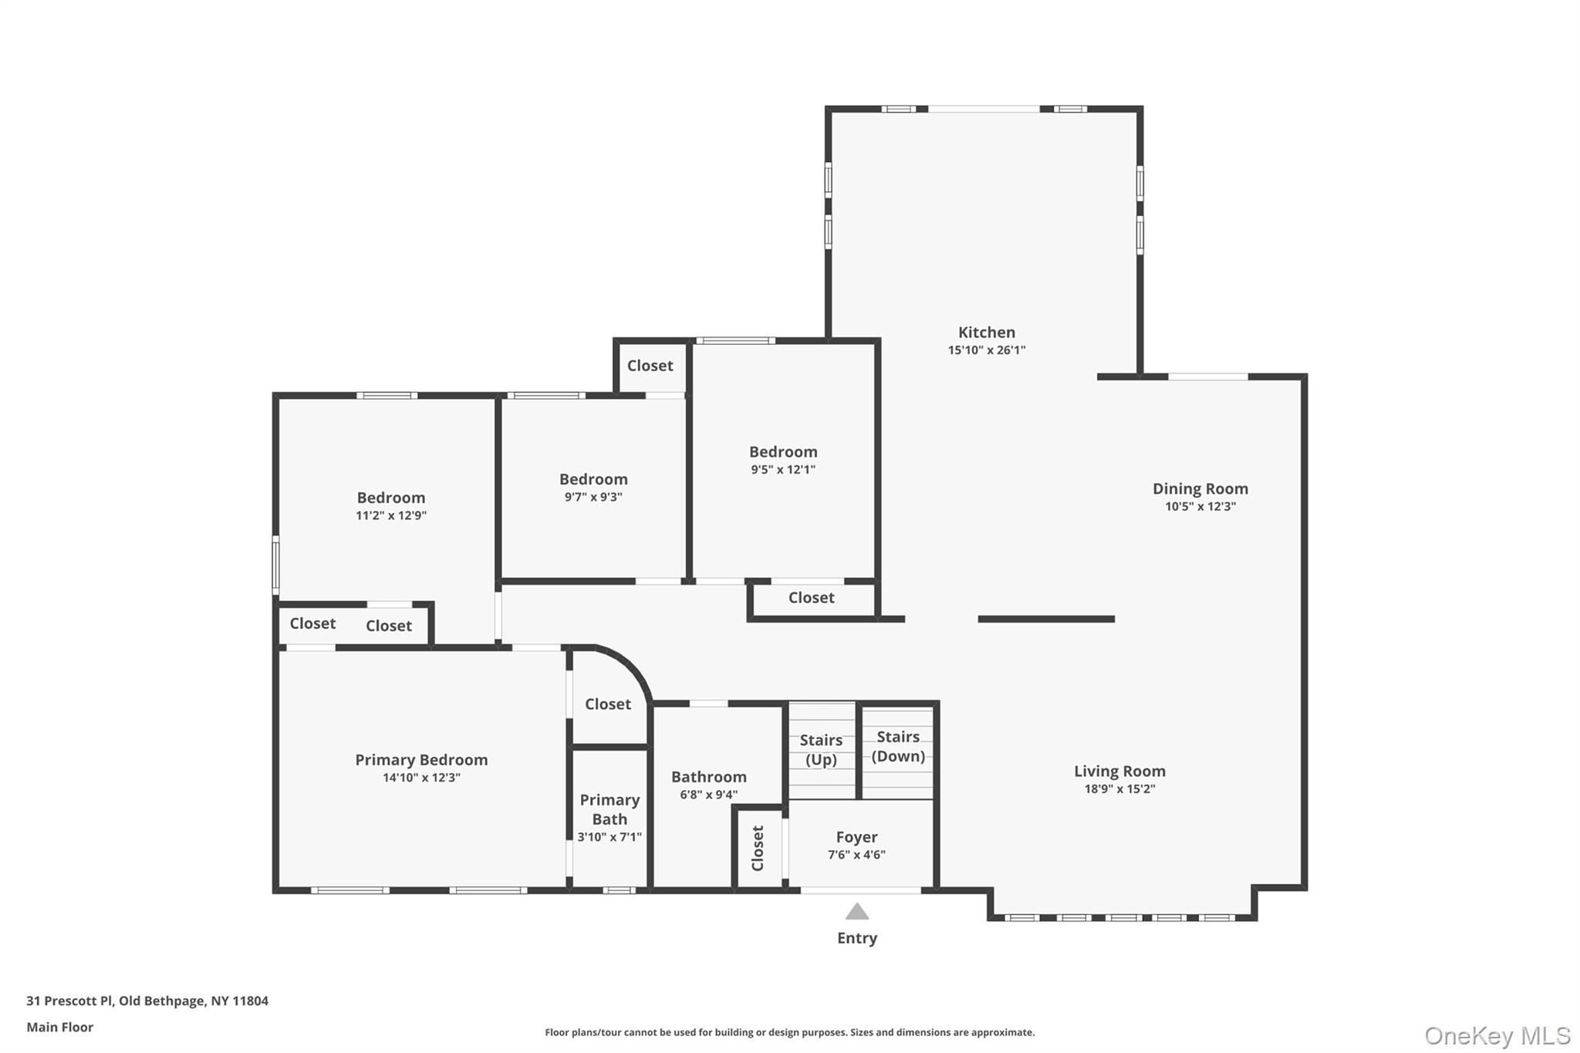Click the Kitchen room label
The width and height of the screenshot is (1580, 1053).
[987, 332]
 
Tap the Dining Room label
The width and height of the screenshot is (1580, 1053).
[1200, 488]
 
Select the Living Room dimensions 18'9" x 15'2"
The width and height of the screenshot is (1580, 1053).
[1119, 788]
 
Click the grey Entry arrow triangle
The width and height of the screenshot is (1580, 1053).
[857, 912]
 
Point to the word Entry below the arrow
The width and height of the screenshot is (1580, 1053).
[857, 938]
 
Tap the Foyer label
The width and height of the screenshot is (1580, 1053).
[856, 837]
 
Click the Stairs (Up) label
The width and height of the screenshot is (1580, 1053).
[821, 750]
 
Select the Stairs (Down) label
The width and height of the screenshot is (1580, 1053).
[898, 747]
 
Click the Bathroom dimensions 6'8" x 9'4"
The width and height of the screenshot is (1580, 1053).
[708, 795]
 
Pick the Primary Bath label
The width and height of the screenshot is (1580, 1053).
[609, 809]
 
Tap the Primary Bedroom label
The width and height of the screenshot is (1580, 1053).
[421, 760]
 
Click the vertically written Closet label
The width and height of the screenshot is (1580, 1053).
[758, 848]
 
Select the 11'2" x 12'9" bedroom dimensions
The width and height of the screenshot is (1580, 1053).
[391, 515]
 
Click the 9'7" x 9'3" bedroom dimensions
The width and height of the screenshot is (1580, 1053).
[593, 497]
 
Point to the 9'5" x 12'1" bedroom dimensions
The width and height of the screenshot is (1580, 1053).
[783, 469]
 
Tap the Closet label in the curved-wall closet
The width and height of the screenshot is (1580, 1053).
[608, 704]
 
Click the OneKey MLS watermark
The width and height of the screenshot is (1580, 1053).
[1497, 1035]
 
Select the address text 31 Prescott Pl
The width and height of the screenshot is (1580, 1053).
[69, 1001]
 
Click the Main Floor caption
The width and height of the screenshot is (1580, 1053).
[60, 1027]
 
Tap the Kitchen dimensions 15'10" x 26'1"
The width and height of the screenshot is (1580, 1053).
[987, 350]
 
